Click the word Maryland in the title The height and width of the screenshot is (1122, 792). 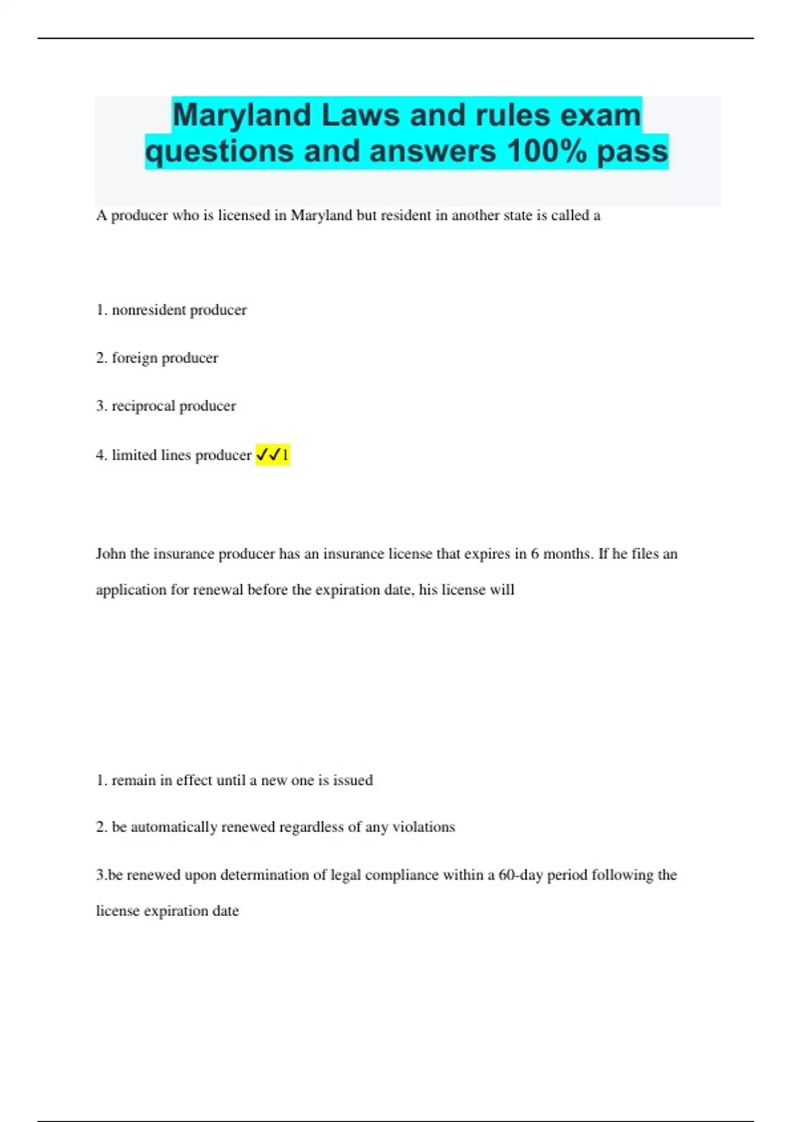[x=241, y=116]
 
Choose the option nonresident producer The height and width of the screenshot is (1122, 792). [x=179, y=310]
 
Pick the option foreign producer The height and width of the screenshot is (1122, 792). [x=164, y=358]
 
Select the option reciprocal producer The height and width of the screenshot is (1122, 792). [x=174, y=406]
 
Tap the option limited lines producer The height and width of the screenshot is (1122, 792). [x=181, y=455]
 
